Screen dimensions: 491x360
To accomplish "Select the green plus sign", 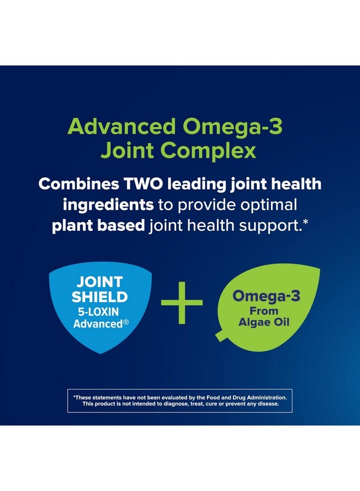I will pos(182,302).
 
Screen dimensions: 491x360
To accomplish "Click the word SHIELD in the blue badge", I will pos(100,297).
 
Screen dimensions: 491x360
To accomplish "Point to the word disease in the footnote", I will pos(266,404).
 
